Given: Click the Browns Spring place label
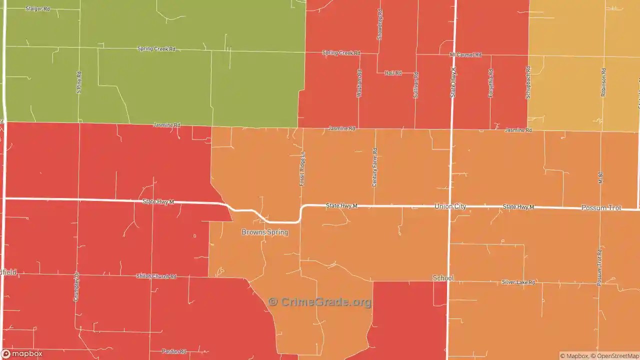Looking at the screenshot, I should click(264, 232).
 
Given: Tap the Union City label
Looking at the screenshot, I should click(450, 206).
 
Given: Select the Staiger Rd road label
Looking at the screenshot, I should click(38, 9).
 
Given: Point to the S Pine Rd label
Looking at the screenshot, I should click(78, 82).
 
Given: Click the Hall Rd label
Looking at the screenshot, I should click(393, 73).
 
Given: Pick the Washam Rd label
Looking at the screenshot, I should click(358, 83).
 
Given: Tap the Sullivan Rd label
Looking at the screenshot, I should click(415, 84).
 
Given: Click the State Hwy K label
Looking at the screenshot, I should click(453, 82).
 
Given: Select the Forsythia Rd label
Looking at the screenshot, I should click(490, 83).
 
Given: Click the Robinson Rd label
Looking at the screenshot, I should click(603, 82).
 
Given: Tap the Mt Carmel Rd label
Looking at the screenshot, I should click(465, 54).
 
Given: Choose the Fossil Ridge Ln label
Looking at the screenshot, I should click(302, 169).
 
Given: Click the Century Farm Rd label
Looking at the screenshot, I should click(374, 167).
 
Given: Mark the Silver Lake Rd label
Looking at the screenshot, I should click(518, 282).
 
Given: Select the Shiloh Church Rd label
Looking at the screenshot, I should click(156, 276).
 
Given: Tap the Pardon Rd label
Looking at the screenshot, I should click(174, 351).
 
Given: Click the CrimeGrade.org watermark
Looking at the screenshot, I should click(320, 302).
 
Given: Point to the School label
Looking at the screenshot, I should click(443, 278).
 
